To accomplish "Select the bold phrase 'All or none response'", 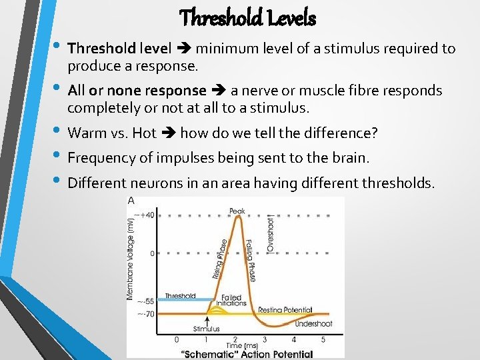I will [137, 90].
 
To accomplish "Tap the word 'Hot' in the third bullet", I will [144, 133].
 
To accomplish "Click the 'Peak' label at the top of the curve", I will [237, 211].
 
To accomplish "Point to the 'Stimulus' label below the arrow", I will [207, 329].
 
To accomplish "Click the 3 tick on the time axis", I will [264, 339].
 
